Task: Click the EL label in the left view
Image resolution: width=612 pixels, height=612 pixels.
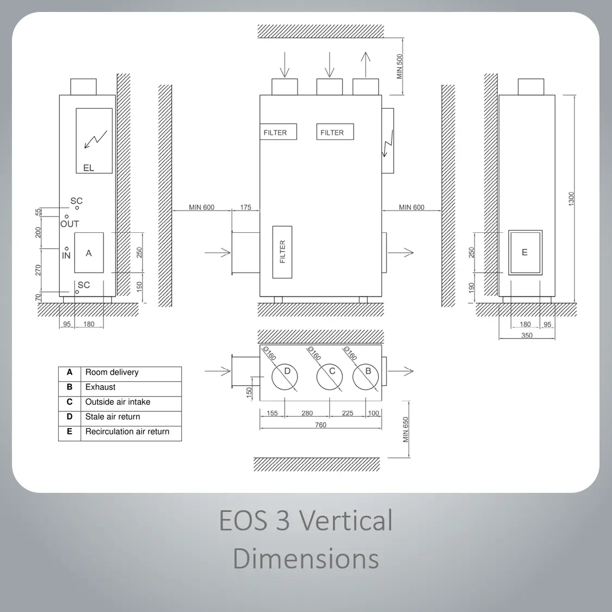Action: pyautogui.click(x=89, y=168)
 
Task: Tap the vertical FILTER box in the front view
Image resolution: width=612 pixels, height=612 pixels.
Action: pyautogui.click(x=282, y=252)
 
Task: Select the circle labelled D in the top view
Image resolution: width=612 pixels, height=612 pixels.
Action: pyautogui.click(x=285, y=378)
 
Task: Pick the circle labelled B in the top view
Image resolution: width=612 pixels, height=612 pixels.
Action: pyautogui.click(x=366, y=378)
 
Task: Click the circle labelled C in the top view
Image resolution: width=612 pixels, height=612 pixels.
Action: pyautogui.click(x=330, y=378)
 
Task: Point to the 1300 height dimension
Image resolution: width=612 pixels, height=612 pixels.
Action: pyautogui.click(x=571, y=199)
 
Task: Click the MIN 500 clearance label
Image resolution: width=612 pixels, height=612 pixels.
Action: pyautogui.click(x=399, y=66)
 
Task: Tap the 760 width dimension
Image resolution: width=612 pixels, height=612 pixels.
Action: pyautogui.click(x=320, y=425)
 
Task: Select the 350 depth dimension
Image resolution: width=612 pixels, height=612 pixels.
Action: pyautogui.click(x=527, y=335)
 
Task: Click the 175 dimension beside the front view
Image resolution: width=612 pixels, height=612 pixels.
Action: pyautogui.click(x=245, y=207)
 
